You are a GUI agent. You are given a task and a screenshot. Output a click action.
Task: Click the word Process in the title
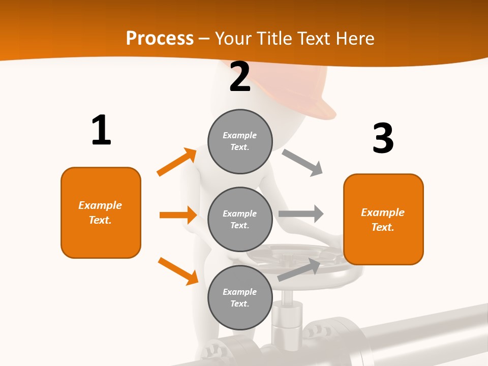(x=160, y=38)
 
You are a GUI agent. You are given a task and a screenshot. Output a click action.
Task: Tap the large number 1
(x=101, y=130)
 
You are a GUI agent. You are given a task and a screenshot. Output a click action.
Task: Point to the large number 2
(x=240, y=77)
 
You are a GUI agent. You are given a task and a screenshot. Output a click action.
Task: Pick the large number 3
(x=383, y=139)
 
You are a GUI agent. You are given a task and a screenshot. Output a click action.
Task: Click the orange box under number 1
(x=101, y=212)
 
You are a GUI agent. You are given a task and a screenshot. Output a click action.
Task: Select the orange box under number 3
(x=383, y=219)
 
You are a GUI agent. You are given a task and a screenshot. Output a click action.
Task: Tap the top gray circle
(x=240, y=141)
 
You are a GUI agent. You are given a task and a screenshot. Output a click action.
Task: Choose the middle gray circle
(x=240, y=219)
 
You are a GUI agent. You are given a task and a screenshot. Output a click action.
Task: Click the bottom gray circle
(x=240, y=297)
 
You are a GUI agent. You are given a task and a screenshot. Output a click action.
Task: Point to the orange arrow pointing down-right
(x=178, y=271)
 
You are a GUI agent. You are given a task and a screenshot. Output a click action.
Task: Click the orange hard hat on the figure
(x=305, y=89)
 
